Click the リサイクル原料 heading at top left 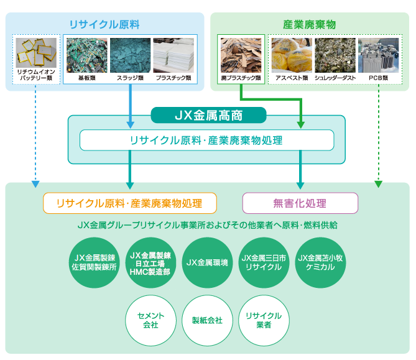click(104, 25)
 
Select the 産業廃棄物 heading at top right click(309, 25)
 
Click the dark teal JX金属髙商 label click(208, 115)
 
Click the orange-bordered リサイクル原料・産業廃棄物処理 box click(130, 203)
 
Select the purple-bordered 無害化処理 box click(300, 203)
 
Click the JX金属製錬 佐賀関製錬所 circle click(94, 262)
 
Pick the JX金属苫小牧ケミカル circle click(320, 262)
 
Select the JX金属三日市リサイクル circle click(264, 262)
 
